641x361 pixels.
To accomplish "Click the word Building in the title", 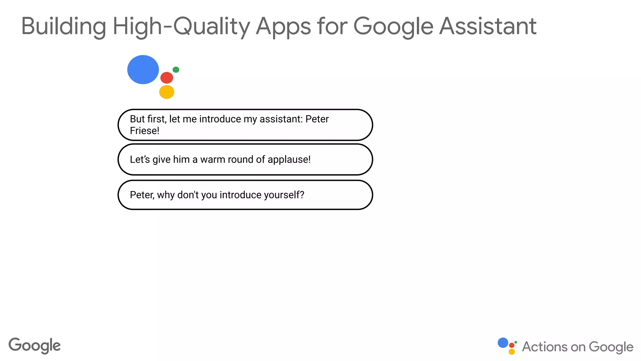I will [64, 26].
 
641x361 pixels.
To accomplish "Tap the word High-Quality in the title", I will [181, 26].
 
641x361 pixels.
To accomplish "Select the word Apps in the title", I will [283, 26].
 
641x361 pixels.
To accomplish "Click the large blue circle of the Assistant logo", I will [143, 70].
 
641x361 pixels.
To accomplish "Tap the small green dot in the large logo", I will [176, 70].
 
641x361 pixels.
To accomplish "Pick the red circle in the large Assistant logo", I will [167, 78].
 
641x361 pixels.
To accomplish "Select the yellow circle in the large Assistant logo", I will [167, 92].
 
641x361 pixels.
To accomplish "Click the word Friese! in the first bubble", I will [145, 131].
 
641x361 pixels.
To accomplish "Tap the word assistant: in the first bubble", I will [281, 119].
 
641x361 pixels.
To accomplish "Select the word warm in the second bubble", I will [213, 160].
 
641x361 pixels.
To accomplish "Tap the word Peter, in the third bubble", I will [142, 195].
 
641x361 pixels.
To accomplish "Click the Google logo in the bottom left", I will [34, 346].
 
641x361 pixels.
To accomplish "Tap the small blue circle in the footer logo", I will [503, 343].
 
